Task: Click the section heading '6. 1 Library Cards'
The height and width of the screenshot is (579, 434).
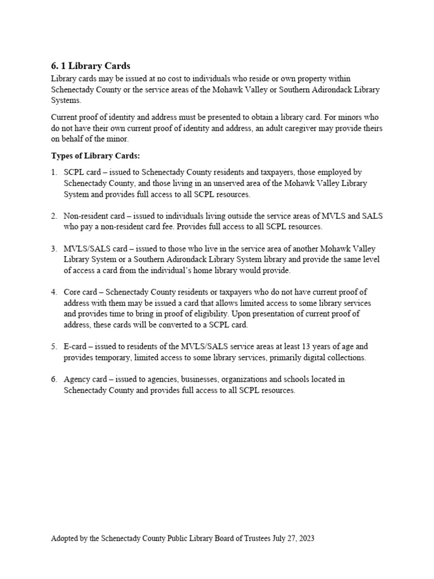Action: click(90, 66)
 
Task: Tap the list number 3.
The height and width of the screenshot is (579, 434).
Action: click(54, 249)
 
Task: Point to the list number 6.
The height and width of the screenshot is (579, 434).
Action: click(54, 379)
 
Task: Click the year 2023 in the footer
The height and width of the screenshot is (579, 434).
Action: click(306, 539)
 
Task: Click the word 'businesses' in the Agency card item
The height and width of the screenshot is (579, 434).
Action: click(195, 379)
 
